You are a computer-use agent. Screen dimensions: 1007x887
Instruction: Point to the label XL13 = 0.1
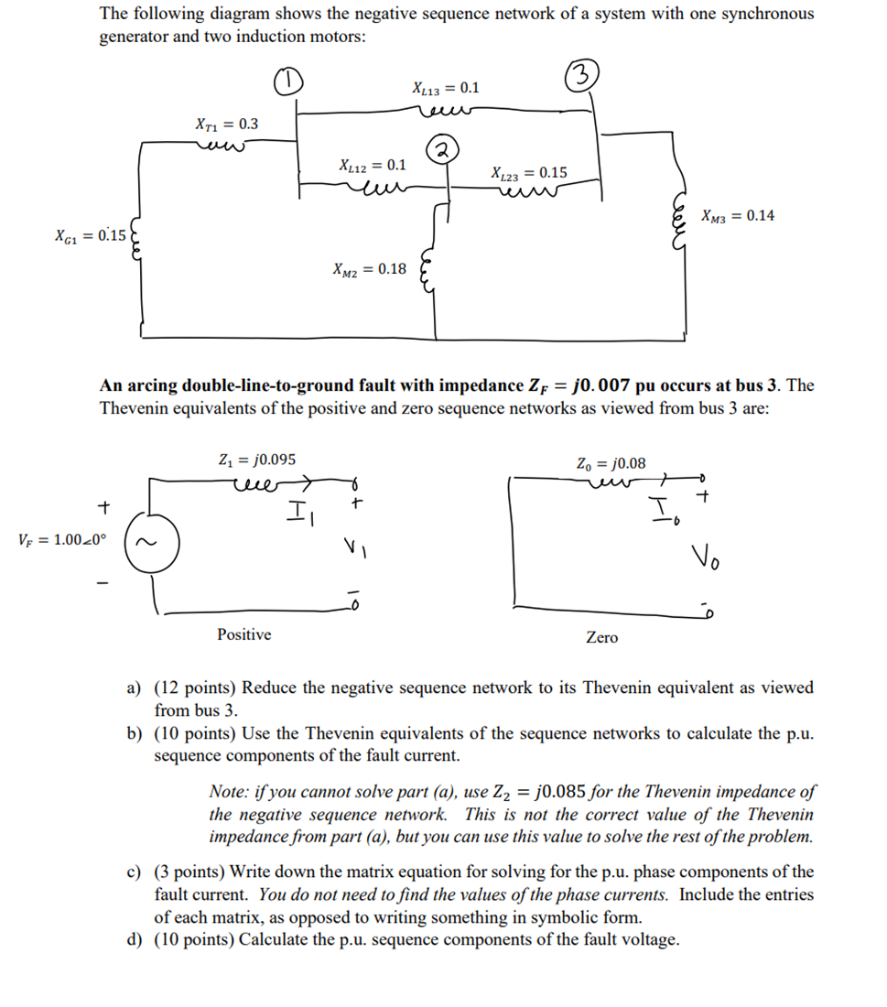click(446, 89)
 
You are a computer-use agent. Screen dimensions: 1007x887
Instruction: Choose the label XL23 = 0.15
click(528, 172)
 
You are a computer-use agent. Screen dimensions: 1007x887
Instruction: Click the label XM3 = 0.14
click(738, 216)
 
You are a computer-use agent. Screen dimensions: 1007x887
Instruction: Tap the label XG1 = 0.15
click(91, 236)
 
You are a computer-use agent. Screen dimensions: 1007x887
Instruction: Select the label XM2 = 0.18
click(368, 269)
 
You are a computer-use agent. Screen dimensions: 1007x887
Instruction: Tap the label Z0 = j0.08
click(611, 464)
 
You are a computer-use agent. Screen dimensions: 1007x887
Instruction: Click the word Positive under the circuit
click(243, 634)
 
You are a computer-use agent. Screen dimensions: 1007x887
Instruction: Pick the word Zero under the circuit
click(601, 637)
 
